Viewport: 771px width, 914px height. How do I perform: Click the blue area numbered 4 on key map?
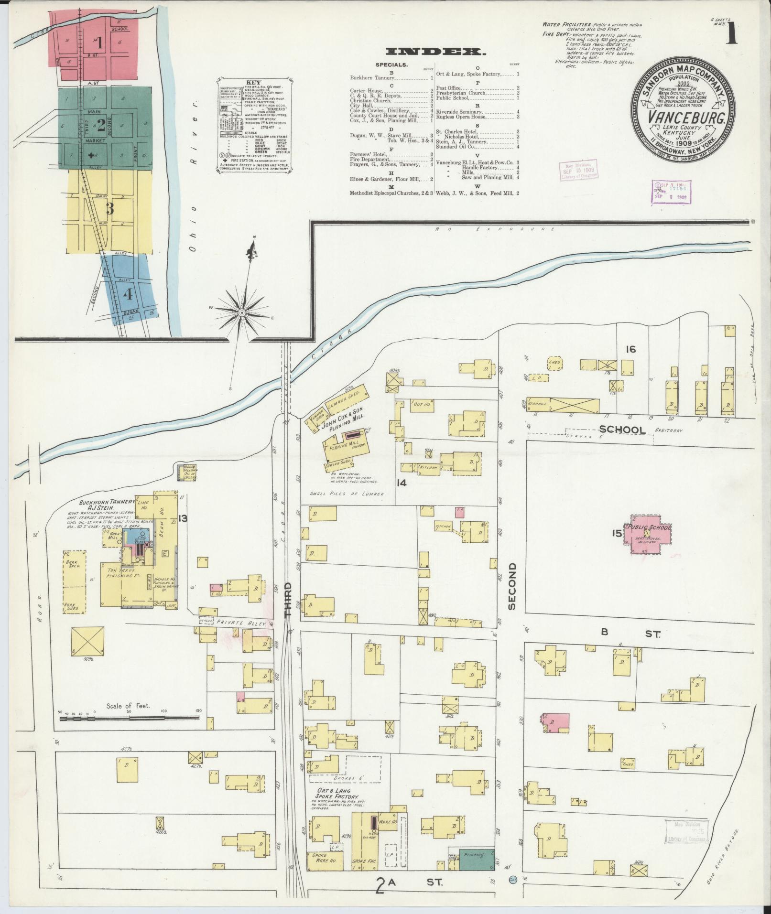point(128,294)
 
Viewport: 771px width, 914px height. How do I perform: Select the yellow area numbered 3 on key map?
point(109,209)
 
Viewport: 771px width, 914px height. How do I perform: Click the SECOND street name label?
point(512,586)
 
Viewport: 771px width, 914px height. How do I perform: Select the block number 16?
point(631,350)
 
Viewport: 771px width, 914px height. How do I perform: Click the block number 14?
point(401,483)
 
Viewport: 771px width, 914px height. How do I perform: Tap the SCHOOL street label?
point(622,430)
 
